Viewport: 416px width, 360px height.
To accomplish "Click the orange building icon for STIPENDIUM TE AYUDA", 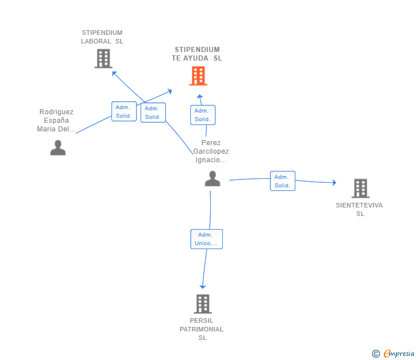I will tap(198, 76).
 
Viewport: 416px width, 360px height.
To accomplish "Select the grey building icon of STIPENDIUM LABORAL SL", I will tap(103, 58).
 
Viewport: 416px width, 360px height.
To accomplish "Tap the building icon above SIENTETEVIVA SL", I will tap(360, 188).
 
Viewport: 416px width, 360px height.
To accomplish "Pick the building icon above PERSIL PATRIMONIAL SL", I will tap(203, 304).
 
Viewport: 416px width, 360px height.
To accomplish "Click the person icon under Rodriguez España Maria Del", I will tap(58, 147).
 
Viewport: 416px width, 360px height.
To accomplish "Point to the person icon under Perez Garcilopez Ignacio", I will tap(213, 179).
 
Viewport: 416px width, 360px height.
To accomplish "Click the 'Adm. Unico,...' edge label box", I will tap(206, 239).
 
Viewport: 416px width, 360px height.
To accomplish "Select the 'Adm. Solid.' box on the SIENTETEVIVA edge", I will tap(283, 181).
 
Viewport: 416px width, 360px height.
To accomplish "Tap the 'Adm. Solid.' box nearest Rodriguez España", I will tap(124, 111).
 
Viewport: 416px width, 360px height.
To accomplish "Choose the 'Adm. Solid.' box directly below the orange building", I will tap(203, 115).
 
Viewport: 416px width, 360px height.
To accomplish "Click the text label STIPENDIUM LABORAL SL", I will tap(102, 37).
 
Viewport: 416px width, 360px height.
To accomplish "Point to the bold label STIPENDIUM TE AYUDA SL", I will tap(197, 54).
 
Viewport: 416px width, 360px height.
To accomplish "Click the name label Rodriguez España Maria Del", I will tap(57, 121).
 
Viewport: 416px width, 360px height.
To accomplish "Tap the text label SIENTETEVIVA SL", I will tap(360, 209).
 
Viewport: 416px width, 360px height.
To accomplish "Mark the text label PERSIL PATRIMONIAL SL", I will tap(202, 329).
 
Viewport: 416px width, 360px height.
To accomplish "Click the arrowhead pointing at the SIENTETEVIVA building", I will tap(334, 183).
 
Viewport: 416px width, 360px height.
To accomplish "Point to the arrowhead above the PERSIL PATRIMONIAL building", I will tap(202, 286).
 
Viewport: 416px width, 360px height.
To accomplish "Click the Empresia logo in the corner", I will tap(399, 354).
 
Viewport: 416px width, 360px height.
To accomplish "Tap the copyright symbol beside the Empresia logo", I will tap(375, 354).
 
